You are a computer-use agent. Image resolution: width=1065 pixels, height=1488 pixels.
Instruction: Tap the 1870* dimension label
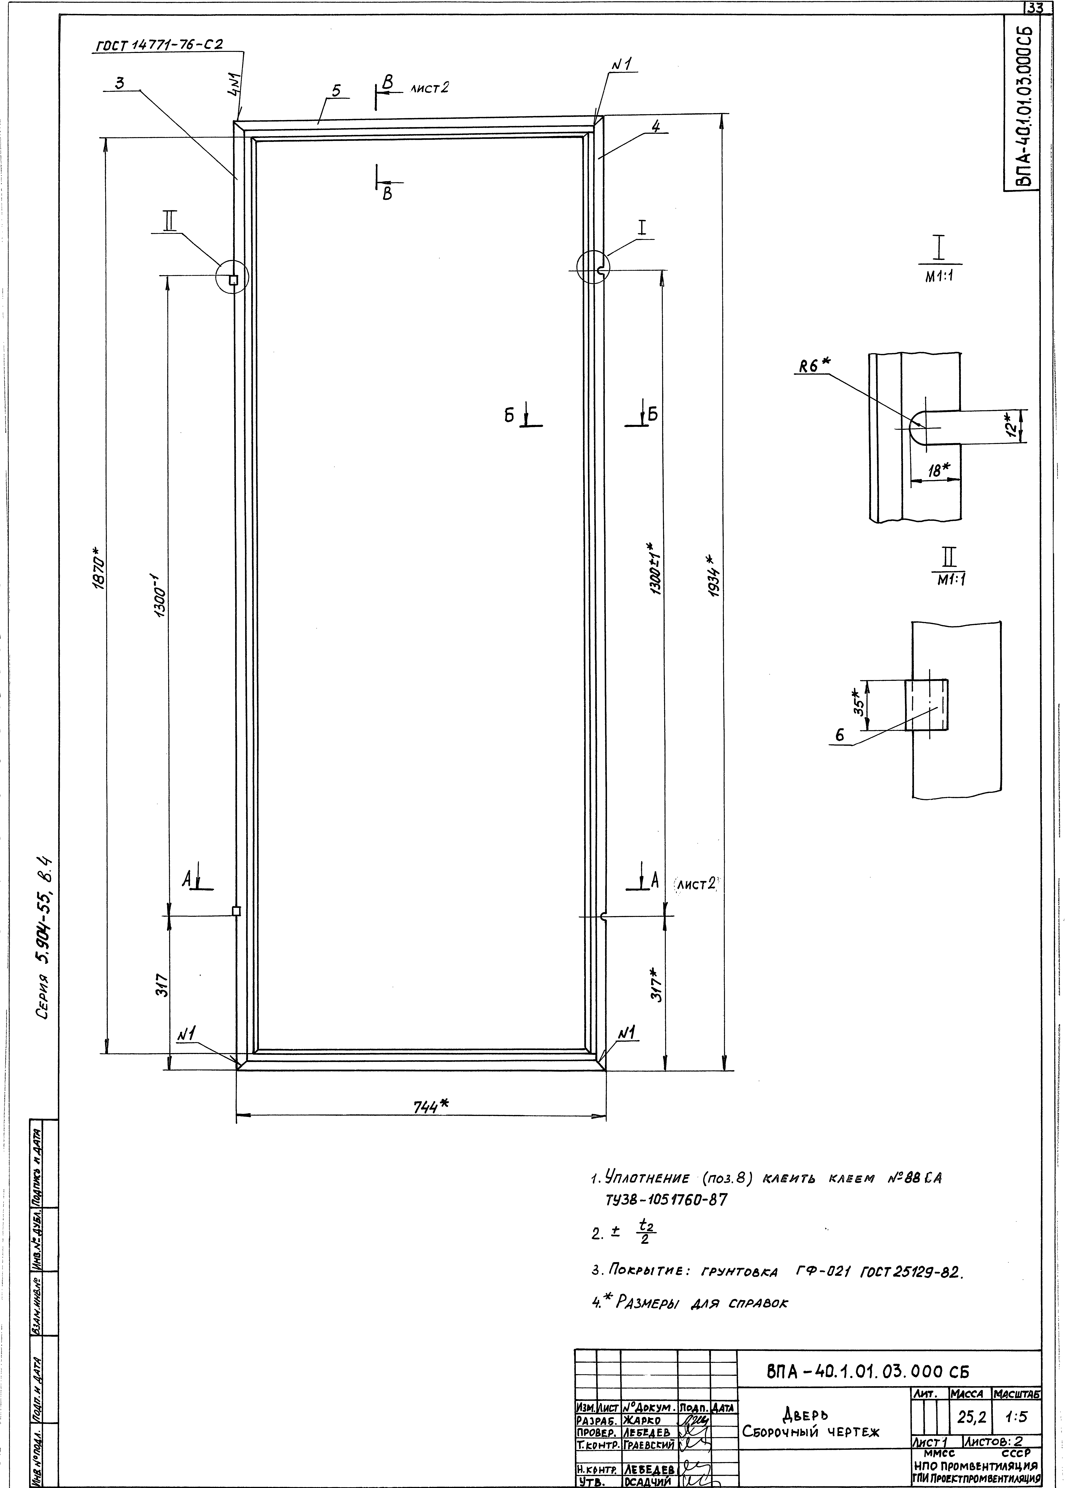[x=98, y=574]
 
